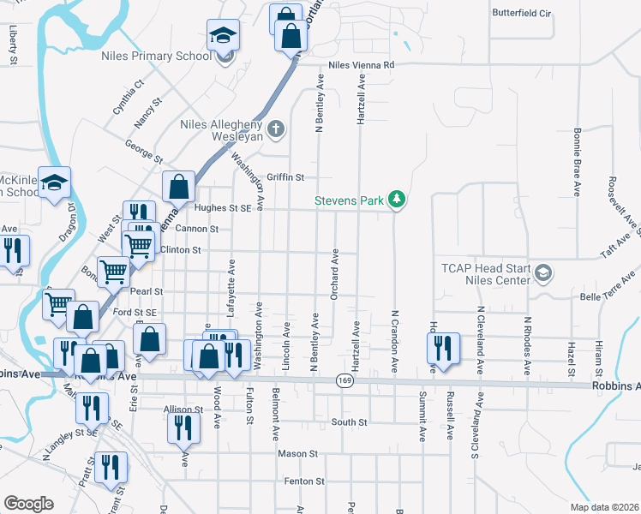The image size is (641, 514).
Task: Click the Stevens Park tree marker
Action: pos(396,200)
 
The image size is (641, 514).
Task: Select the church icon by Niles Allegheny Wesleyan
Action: pos(275,129)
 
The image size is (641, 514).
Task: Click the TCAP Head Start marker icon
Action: pos(542,272)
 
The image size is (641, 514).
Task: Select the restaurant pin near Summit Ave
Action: pos(440,347)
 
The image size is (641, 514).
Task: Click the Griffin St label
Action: pos(286,177)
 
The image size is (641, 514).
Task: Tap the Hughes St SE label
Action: pos(222,207)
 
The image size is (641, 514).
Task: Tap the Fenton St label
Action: pos(304,481)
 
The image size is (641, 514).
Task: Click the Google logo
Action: pos(28,503)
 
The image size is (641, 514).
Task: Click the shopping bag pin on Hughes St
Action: pos(177,185)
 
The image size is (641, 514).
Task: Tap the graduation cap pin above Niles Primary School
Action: pos(223,35)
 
